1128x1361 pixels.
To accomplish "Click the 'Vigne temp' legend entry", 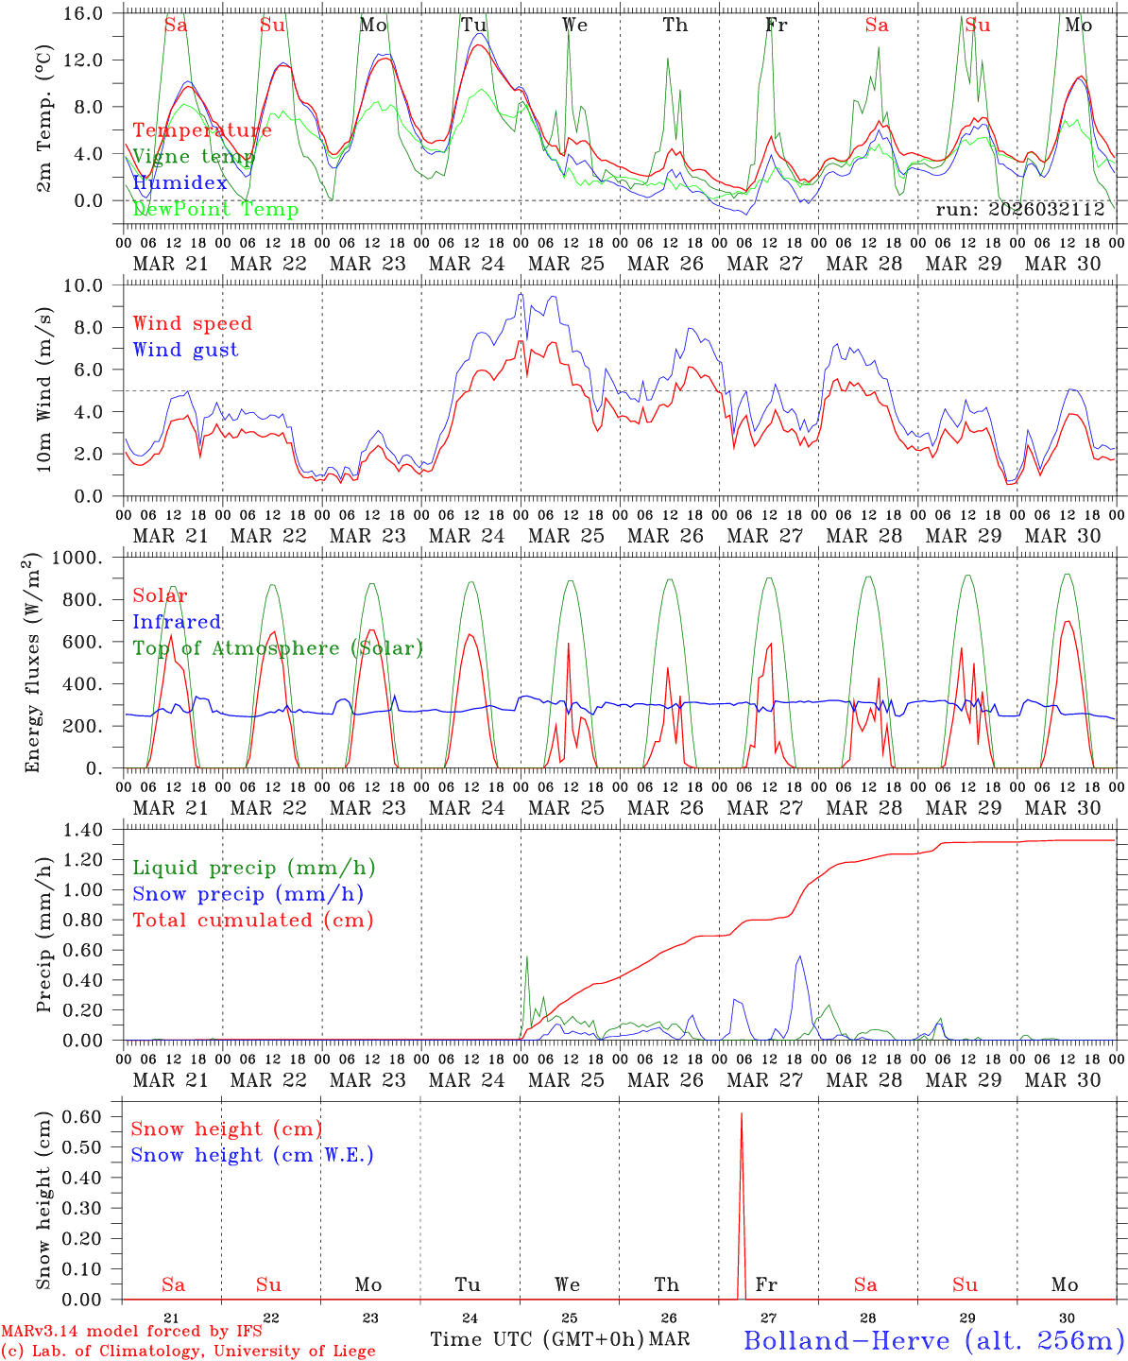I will pos(193,157).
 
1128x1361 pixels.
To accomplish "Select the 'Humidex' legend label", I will pos(179,183).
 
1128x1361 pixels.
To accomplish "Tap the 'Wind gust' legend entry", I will pos(185,350).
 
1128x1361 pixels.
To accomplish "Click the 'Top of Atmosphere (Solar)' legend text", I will pos(278,648).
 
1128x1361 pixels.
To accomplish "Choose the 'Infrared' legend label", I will pos(177,622).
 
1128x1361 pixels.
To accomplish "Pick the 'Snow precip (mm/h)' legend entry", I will pos(248,894).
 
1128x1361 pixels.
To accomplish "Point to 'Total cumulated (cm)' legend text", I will pos(252,921).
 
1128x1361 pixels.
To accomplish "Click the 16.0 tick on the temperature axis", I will pos(94,14).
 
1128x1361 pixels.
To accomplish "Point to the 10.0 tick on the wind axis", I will pos(94,285).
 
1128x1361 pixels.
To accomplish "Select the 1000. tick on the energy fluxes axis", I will pos(89,559).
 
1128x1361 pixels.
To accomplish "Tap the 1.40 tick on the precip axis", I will pos(94,830).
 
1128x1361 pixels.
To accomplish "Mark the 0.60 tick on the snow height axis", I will pos(94,1116).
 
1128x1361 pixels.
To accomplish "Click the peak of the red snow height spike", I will pos(741,1114).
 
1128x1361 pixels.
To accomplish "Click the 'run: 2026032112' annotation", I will pos(1019,209).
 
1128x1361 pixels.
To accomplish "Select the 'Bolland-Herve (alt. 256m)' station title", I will pos(933,1339).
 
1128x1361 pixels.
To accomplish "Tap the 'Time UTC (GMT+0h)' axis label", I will pos(538,1339).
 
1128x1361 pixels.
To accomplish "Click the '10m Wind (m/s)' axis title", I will pos(43,389).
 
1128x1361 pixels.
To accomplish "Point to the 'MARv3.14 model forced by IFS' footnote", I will pos(131,1332).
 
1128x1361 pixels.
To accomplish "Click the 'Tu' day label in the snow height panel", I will pos(468,1284).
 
